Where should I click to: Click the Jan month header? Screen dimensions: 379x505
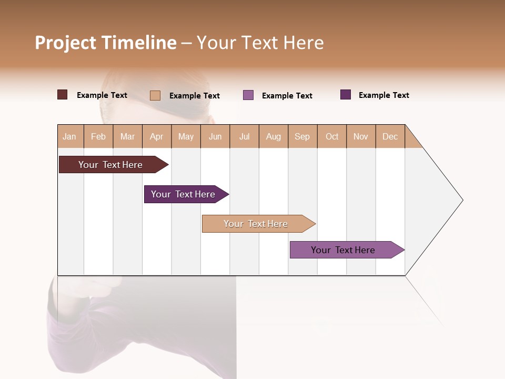[70, 136]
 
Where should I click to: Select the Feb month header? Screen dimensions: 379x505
[98, 136]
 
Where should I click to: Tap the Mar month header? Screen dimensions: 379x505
[127, 136]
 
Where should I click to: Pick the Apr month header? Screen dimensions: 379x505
[157, 136]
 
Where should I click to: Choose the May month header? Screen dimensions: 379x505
[186, 136]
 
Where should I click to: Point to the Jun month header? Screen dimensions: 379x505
[215, 136]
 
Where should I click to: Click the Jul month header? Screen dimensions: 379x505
[244, 136]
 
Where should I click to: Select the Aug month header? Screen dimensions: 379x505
[274, 136]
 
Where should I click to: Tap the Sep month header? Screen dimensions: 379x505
[302, 136]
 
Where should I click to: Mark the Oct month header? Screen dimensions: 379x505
[332, 136]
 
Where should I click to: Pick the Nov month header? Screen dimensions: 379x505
[361, 136]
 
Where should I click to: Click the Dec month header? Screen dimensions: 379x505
[390, 136]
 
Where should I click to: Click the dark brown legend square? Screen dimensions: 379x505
[63, 95]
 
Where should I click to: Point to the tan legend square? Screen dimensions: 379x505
[155, 95]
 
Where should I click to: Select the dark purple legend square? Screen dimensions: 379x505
[346, 95]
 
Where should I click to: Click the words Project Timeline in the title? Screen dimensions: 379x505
[106, 43]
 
